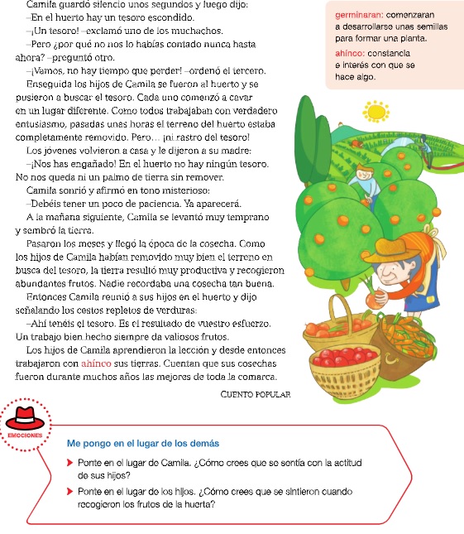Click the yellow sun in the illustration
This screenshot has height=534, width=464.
[376, 110]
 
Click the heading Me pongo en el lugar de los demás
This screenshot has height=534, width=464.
[143, 443]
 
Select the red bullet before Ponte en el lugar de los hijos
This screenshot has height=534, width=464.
[70, 491]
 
